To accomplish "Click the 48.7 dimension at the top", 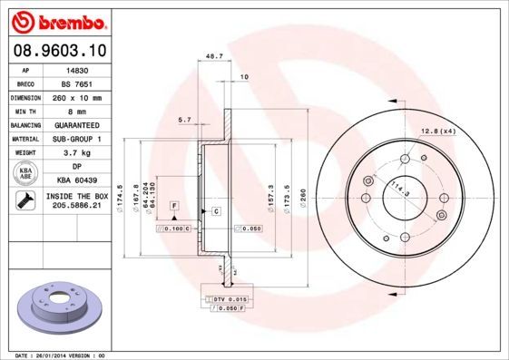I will [215, 56].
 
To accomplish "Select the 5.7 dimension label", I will [184, 120].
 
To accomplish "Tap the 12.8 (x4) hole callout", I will [436, 132].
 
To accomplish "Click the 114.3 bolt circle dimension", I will [397, 191].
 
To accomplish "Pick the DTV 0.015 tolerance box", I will [231, 298].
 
